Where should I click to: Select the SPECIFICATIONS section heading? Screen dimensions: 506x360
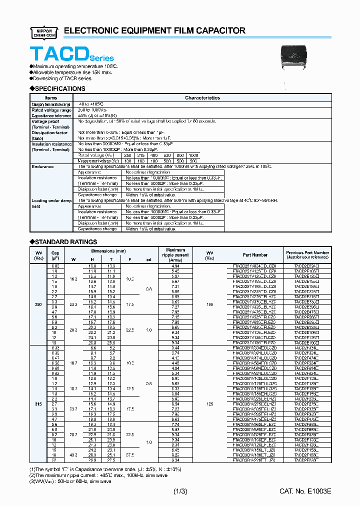[x=59, y=88]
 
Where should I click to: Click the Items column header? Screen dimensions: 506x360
[x=51, y=98]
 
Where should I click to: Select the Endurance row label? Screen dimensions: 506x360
[x=42, y=166]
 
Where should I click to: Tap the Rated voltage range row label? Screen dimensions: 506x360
[x=51, y=109]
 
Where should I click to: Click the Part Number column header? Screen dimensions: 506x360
[x=255, y=255]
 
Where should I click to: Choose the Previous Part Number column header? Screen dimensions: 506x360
[x=307, y=255]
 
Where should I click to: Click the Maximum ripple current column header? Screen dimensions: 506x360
[x=175, y=255]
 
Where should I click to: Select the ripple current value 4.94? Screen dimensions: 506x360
[x=175, y=266]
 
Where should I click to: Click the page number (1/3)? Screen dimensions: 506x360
[x=180, y=492]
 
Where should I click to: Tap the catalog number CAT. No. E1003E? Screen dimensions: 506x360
[x=305, y=492]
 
